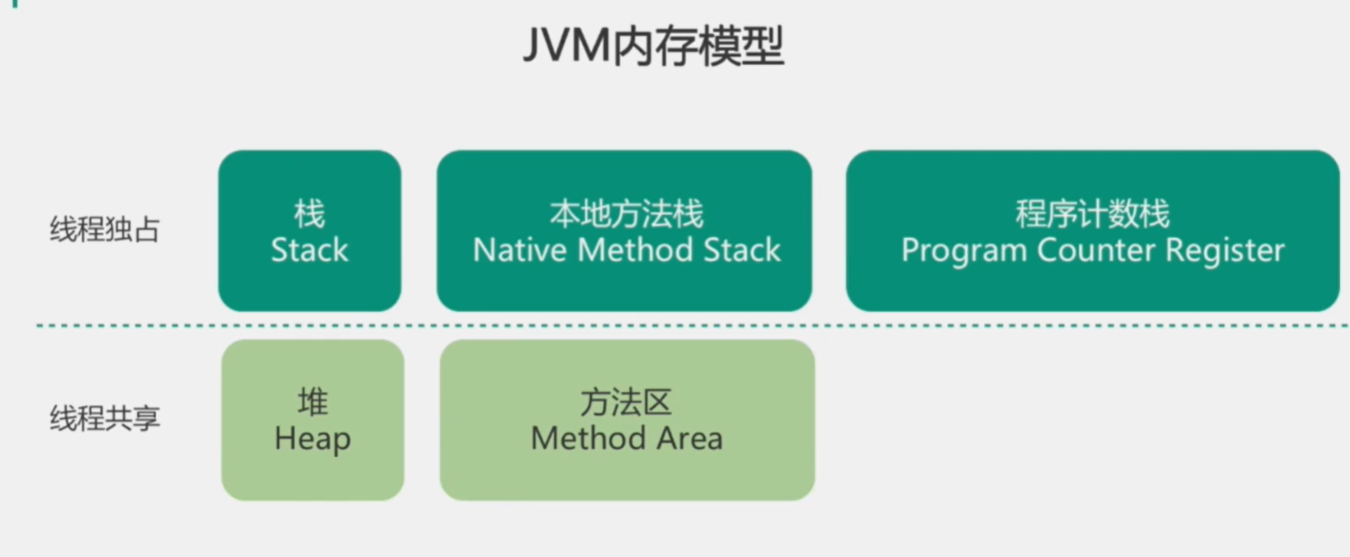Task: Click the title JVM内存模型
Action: (653, 47)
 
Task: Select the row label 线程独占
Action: (105, 229)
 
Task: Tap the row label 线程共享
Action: (105, 418)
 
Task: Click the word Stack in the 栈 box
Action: (310, 251)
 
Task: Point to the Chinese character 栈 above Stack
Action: (310, 213)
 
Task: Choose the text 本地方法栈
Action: (626, 213)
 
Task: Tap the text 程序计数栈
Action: (1093, 213)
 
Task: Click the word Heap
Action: (312, 439)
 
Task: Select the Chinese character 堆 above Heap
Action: (312, 402)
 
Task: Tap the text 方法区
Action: (626, 402)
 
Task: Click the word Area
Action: (691, 439)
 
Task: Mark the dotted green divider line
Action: (677, 325)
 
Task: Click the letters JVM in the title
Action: (565, 47)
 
